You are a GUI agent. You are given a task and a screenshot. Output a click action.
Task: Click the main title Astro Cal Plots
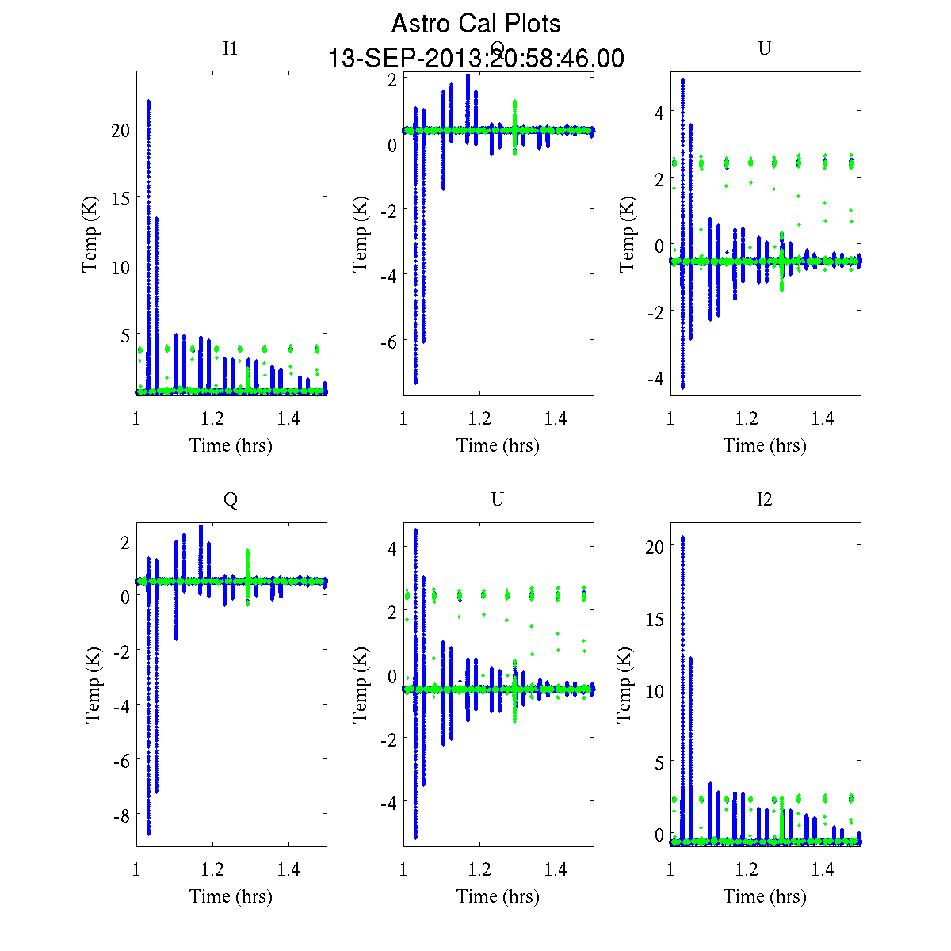(475, 24)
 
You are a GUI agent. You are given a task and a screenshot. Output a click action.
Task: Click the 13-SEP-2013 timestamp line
(475, 59)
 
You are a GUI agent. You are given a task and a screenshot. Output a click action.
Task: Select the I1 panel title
(230, 48)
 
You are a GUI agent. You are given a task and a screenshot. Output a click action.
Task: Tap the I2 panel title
(764, 499)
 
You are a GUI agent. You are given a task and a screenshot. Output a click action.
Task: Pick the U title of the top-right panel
(764, 48)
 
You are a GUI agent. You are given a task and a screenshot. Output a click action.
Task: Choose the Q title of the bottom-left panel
(230, 499)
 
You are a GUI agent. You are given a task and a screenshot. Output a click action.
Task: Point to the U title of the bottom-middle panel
(497, 499)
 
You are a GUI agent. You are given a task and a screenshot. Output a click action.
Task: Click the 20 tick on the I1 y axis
(120, 129)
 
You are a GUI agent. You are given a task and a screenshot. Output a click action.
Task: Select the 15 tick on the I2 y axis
(655, 617)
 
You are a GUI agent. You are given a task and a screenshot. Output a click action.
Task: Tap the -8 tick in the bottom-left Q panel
(119, 815)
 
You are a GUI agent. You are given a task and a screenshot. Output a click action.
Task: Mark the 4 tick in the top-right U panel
(657, 112)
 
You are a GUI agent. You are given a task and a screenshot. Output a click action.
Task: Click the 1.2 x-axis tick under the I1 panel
(212, 418)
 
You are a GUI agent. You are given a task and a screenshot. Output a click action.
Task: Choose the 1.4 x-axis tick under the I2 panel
(823, 870)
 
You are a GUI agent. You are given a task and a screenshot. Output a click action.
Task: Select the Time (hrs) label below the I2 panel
(765, 896)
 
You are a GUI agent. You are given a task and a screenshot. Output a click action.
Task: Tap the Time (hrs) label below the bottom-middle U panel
(498, 896)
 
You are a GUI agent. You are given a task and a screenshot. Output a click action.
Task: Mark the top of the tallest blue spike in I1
(148, 101)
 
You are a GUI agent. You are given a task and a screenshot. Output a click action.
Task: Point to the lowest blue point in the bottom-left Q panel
(148, 832)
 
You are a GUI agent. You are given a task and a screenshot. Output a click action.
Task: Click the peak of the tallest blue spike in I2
(682, 537)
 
